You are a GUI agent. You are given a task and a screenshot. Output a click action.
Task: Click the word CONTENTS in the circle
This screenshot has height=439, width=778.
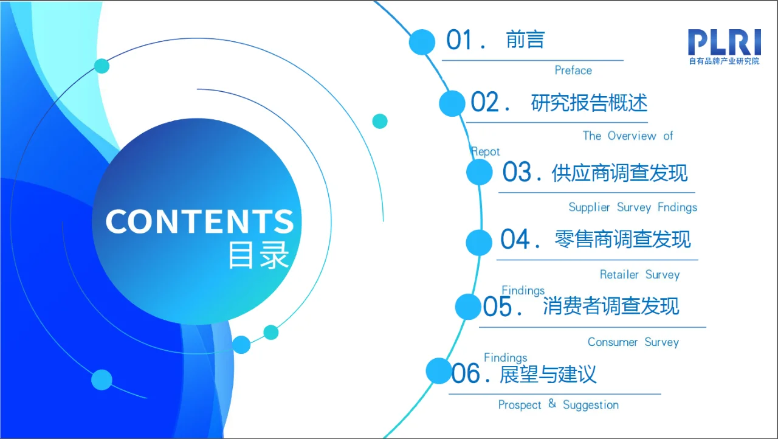199,222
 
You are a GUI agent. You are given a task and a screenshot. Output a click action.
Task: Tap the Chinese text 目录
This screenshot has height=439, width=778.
258,256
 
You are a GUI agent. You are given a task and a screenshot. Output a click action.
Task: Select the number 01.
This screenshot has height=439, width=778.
460,41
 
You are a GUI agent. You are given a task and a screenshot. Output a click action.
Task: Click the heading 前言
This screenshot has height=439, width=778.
525,40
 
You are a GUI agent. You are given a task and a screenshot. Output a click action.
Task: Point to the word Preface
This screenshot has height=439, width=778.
573,71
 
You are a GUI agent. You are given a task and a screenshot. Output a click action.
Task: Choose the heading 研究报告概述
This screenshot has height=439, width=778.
589,103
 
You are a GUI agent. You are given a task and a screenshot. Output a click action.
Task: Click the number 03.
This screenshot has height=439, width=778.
517,173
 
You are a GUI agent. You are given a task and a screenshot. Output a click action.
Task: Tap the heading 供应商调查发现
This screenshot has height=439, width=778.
619,173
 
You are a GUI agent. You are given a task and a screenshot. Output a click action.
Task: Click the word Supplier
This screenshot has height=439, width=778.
589,207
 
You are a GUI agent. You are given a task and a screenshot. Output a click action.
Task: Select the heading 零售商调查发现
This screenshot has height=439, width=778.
622,240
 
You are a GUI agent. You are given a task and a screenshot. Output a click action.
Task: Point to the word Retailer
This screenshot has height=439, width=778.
619,275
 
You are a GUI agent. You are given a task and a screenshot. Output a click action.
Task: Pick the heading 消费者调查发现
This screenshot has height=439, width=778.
611,306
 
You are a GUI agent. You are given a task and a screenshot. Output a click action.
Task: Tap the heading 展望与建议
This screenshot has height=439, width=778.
548,373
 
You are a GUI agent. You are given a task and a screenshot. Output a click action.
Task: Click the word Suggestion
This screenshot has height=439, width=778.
590,405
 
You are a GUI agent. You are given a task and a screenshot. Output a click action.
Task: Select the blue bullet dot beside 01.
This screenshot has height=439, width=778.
422,42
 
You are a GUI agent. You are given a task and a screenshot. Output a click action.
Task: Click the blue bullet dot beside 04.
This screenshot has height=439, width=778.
479,242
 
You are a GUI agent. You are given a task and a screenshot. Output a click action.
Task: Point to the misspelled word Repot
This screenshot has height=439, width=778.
486,151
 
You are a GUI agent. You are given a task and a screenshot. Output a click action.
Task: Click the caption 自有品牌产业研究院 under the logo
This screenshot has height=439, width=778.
724,61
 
